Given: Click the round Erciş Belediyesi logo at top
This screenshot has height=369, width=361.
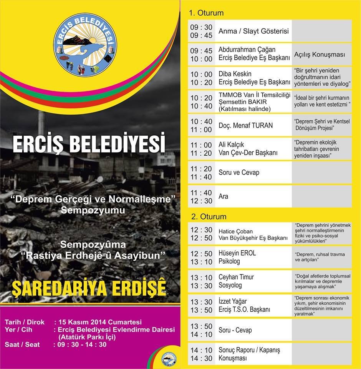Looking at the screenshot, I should click(x=85, y=43).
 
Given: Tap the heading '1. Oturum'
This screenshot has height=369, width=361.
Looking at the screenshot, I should click(x=206, y=13).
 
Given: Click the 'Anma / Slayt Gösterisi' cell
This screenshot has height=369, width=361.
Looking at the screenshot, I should click(x=253, y=32).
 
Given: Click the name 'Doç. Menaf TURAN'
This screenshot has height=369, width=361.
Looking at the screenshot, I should click(x=246, y=125).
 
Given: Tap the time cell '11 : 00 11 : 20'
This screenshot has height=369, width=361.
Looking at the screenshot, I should click(x=201, y=149).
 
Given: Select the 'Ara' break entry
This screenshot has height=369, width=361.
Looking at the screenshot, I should click(x=223, y=196).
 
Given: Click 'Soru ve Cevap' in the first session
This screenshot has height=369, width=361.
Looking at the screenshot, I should click(x=239, y=173).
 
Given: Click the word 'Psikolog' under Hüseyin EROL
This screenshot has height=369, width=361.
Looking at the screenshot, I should click(x=229, y=261).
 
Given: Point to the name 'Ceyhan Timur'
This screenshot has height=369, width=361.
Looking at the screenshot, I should click(x=236, y=277).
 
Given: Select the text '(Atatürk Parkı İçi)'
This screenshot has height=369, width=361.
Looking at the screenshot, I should click(x=86, y=337).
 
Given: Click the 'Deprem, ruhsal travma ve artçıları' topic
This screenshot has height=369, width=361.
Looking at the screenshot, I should click(x=320, y=257).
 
